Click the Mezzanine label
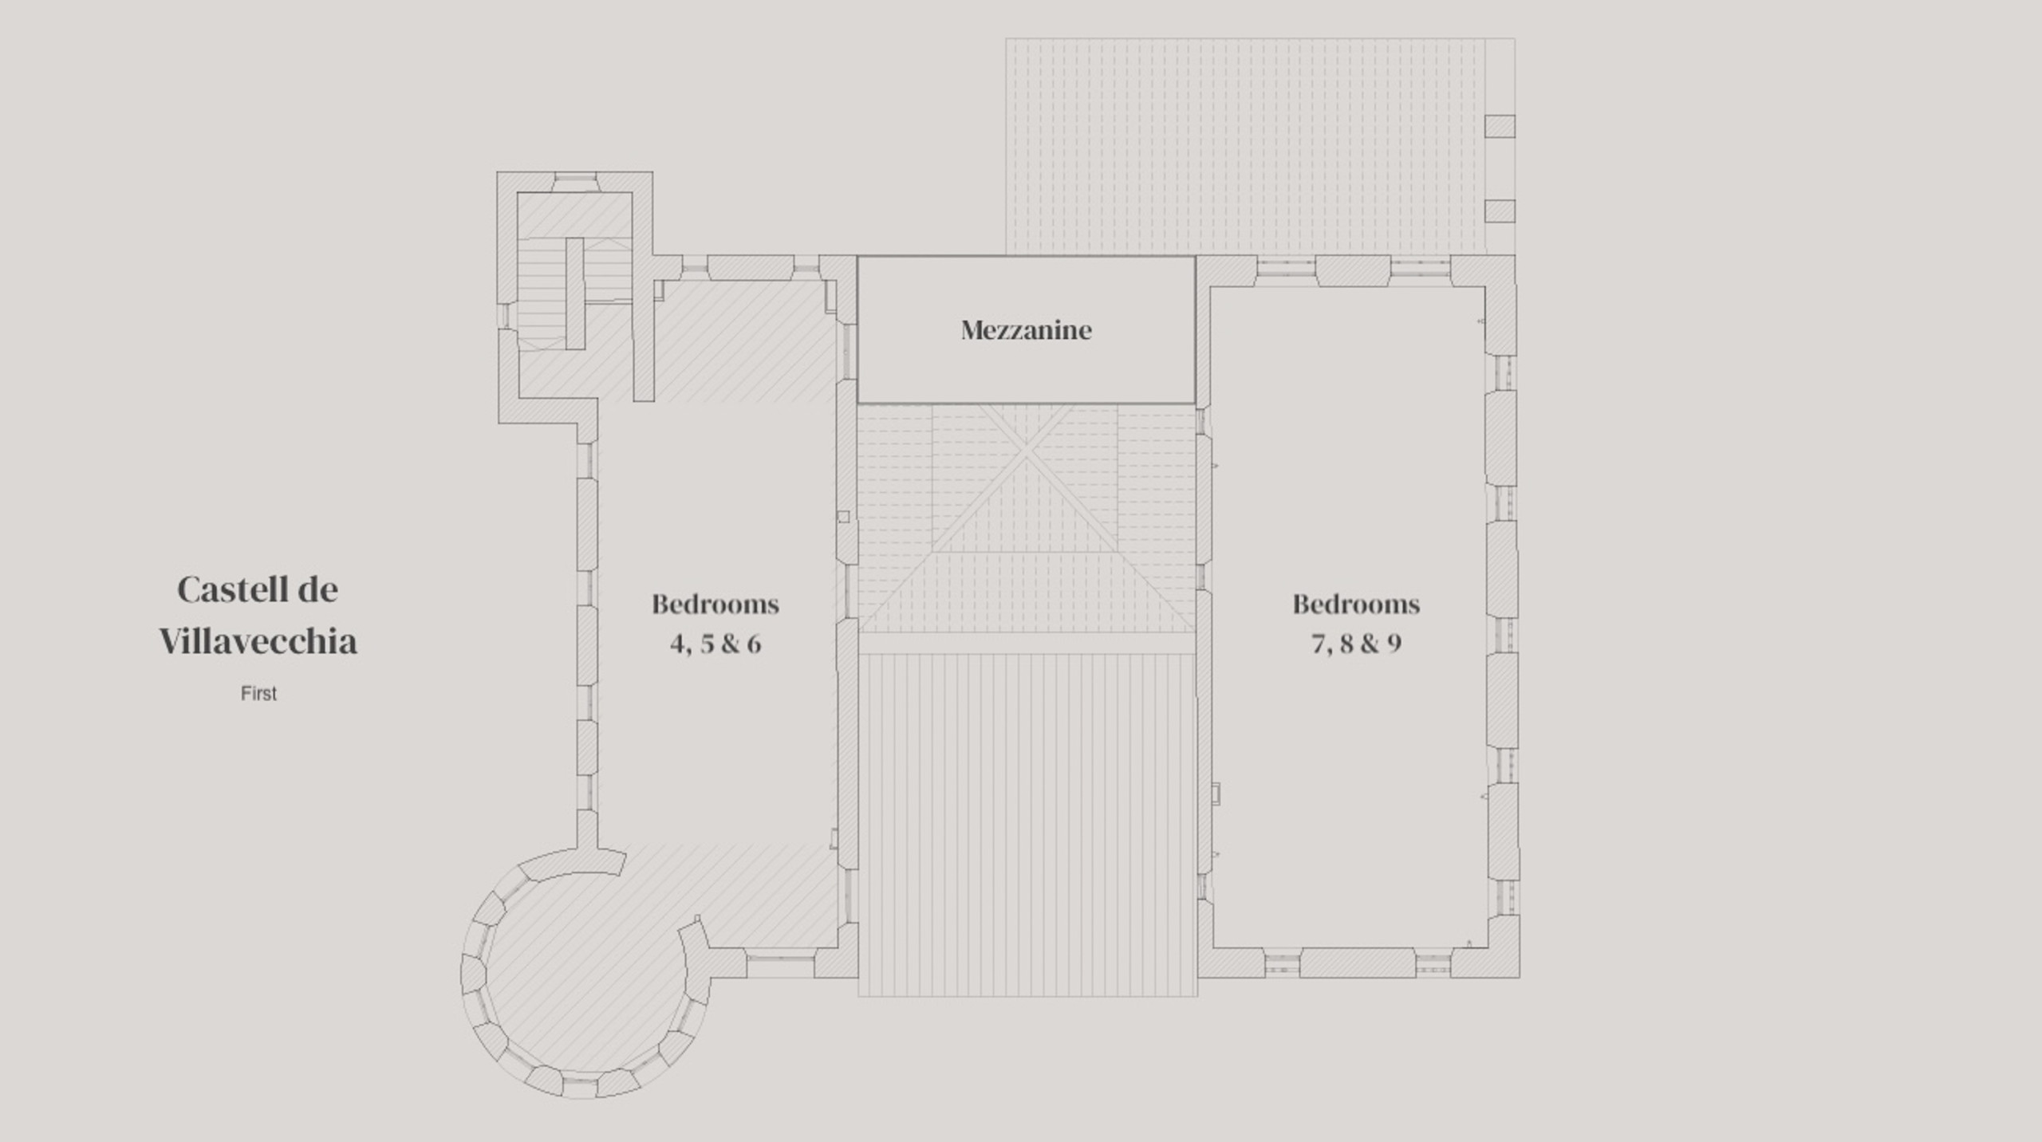tap(1026, 330)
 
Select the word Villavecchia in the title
tap(258, 641)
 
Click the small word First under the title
tap(258, 694)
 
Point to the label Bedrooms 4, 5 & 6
tap(715, 623)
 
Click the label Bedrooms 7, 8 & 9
tap(1356, 623)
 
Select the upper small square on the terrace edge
tap(1500, 126)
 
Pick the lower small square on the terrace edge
tap(1500, 211)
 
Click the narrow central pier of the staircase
tap(575, 293)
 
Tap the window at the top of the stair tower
tap(575, 182)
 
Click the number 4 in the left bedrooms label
tap(679, 643)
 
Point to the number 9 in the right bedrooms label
tap(1394, 644)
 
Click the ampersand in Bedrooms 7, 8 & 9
tap(1370, 643)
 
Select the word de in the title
tap(318, 589)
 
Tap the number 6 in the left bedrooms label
tap(754, 643)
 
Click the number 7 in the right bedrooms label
tap(1319, 644)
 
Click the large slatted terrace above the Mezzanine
tap(1245, 147)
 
